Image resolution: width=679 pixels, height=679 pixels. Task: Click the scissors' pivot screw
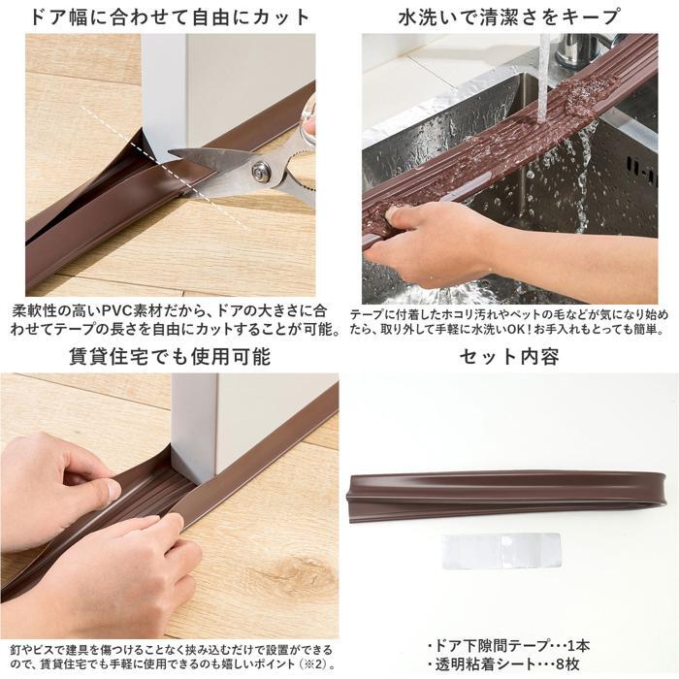(x=259, y=171)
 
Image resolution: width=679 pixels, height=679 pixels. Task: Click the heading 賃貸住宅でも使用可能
(x=170, y=356)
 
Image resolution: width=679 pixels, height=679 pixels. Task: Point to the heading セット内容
(x=509, y=356)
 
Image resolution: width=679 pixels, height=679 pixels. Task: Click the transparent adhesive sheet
(x=501, y=550)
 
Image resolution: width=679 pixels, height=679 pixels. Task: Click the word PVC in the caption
(x=118, y=311)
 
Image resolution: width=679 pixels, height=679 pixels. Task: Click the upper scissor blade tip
(x=170, y=151)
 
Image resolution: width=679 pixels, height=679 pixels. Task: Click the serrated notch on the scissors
(x=300, y=187)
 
